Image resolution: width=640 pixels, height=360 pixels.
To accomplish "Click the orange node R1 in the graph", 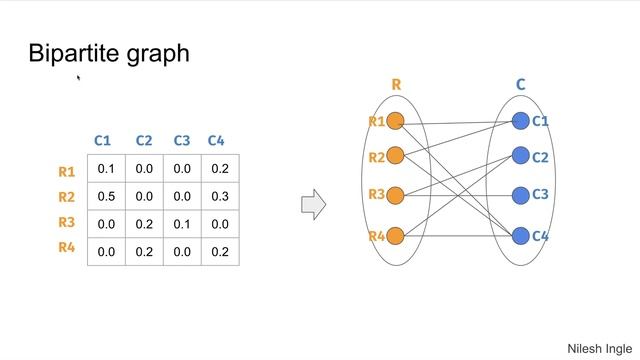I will point(394,121).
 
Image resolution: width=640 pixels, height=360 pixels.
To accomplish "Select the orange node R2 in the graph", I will point(394,156).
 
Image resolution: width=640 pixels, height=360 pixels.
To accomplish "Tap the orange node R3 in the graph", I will point(394,194).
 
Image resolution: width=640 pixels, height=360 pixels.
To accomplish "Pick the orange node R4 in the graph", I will point(394,236).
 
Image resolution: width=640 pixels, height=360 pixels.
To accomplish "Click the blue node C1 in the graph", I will point(520,121).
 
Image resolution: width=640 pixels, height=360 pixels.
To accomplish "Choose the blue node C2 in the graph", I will point(520,156).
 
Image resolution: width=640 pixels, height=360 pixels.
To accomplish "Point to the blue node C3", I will point(520,194).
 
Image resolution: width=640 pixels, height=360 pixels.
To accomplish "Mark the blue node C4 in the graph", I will point(520,236).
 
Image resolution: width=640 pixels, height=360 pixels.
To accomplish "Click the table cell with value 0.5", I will point(106,197).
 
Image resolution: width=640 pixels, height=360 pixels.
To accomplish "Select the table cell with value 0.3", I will point(220,197).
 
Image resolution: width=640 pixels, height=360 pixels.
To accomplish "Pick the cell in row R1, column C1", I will point(106,169).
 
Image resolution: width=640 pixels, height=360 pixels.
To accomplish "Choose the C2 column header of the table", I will point(144,141).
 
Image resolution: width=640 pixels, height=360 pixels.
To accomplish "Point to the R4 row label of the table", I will point(67,247).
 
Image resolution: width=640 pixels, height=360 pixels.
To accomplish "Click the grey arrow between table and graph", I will point(313,205).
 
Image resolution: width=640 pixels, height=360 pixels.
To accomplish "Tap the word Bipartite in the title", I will point(72,53).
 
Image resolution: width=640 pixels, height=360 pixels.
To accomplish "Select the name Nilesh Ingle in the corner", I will point(599,348).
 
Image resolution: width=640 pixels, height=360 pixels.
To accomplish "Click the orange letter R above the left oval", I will point(396,85).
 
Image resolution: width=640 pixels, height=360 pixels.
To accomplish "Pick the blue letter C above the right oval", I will point(521,85).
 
